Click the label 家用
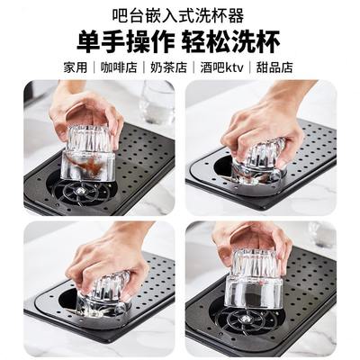point(75,68)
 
